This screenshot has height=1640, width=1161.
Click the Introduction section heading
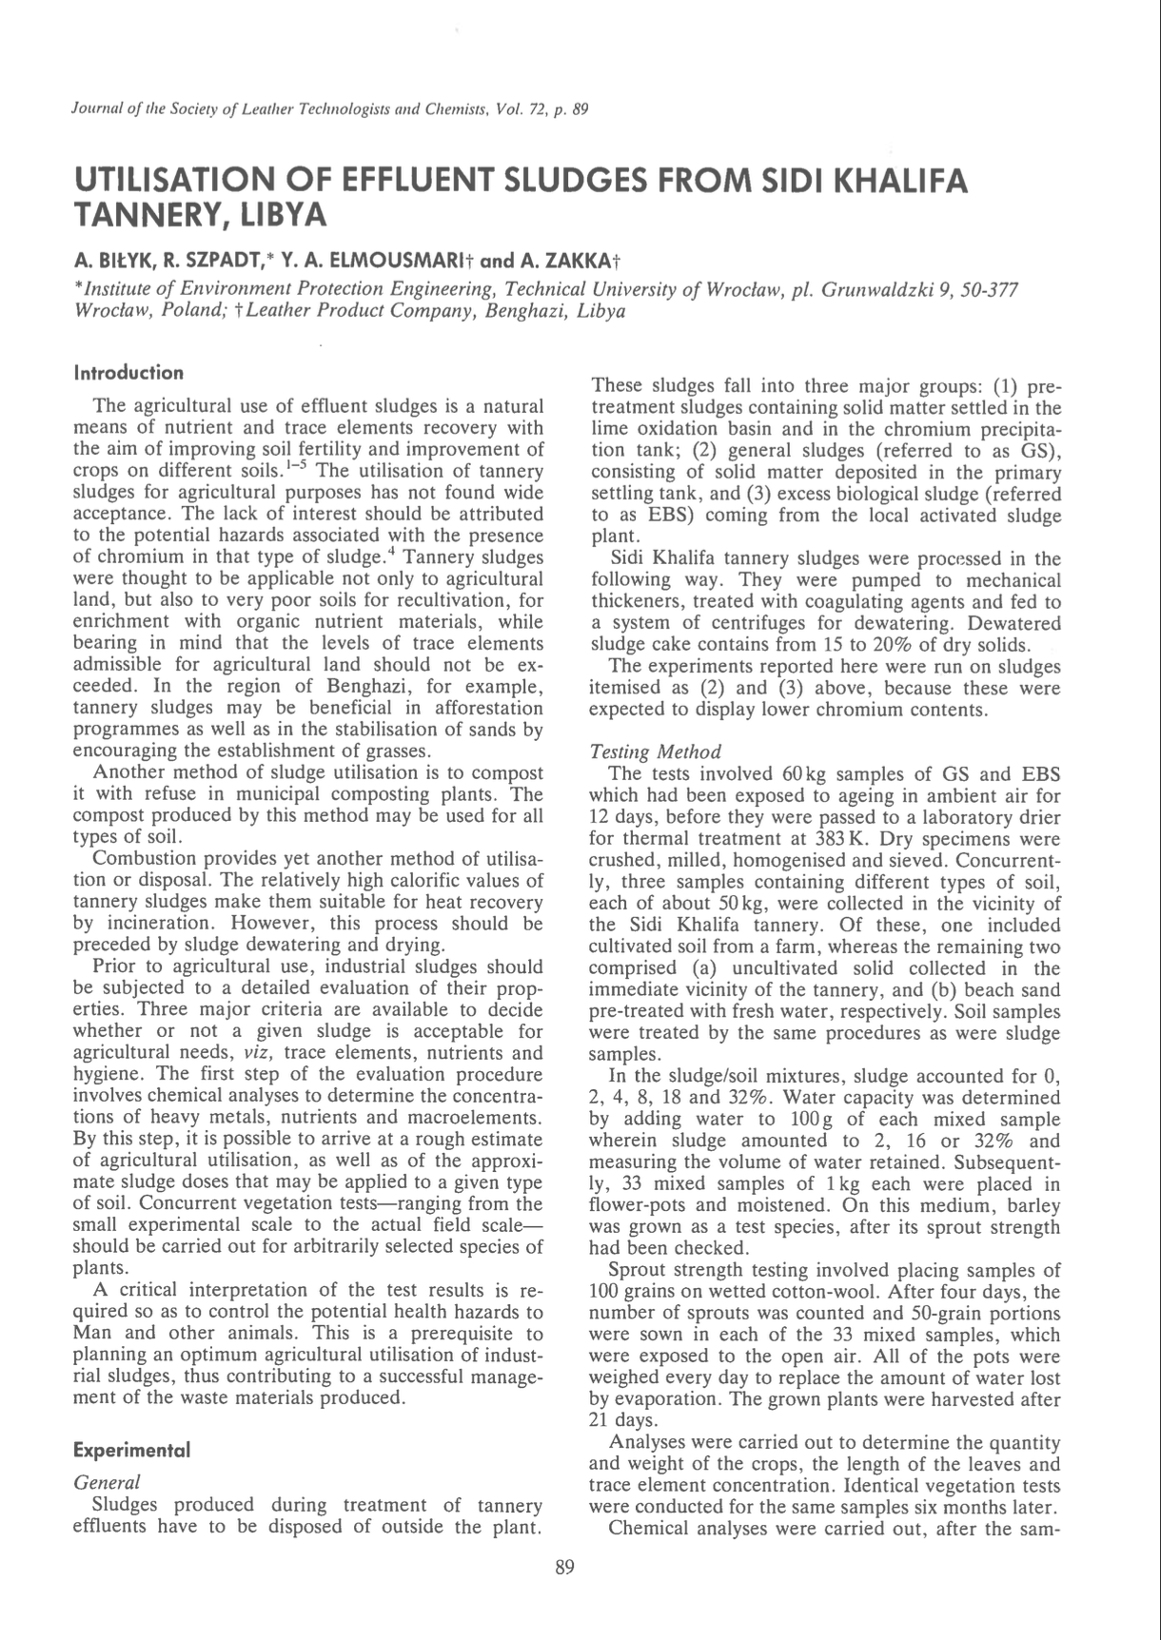(x=128, y=372)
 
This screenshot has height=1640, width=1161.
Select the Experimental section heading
(x=132, y=1450)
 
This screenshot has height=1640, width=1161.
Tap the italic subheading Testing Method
(x=656, y=752)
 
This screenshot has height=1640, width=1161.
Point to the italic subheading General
(x=107, y=1482)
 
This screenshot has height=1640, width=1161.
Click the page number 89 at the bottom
(x=565, y=1569)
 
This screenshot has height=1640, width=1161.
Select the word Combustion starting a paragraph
(x=150, y=858)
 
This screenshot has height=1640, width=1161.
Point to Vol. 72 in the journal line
(x=517, y=109)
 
